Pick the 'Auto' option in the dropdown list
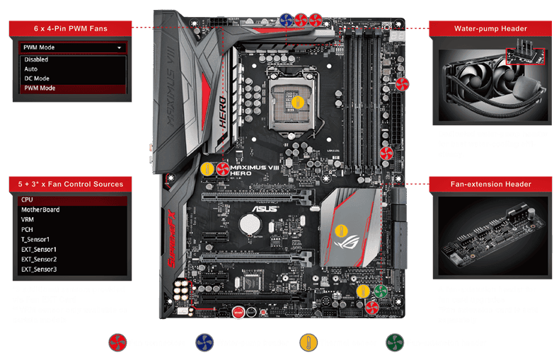(x=31, y=69)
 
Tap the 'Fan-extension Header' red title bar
(x=491, y=184)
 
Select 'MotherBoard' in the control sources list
(x=41, y=209)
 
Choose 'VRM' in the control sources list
(x=29, y=220)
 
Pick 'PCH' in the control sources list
(x=28, y=230)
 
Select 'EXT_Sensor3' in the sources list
(x=39, y=269)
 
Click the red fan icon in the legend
(x=117, y=343)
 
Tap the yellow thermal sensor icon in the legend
(x=309, y=343)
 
